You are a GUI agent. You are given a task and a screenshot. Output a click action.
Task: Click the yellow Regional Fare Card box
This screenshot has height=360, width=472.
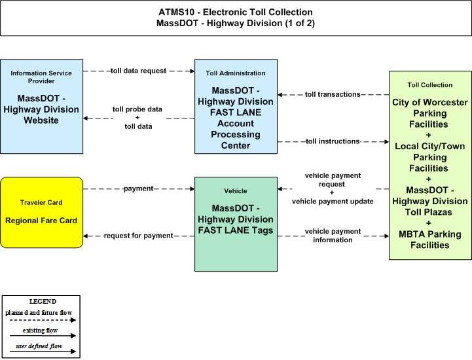41,213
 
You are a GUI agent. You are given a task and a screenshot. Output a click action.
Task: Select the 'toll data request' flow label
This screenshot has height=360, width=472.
139,71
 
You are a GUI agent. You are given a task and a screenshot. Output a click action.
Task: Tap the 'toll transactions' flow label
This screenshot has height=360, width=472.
333,94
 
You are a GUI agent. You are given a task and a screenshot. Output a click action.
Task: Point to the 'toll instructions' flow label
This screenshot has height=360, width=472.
333,141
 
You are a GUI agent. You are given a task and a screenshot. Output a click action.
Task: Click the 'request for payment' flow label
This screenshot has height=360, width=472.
139,236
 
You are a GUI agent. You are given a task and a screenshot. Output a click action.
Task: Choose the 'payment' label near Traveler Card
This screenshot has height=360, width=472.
139,189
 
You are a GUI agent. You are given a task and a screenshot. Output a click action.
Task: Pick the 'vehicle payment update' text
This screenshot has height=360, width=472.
333,202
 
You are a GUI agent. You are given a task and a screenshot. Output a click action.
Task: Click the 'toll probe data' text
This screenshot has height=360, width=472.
137,109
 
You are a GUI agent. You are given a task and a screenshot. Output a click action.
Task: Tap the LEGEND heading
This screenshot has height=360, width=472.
43,301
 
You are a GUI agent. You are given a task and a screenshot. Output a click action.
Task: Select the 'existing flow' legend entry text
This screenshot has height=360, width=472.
40,330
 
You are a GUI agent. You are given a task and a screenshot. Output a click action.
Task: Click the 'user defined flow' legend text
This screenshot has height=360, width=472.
39,346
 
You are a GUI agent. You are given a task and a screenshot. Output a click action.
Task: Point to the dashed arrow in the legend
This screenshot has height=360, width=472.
43,320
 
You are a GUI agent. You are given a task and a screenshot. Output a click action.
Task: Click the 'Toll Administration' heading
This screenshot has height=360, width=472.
236,73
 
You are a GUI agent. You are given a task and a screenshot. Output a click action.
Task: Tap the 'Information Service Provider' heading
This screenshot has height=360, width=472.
41,77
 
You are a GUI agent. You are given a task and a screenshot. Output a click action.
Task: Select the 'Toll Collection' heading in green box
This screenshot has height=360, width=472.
430,85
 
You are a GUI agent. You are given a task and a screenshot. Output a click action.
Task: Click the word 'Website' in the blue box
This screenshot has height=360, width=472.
41,120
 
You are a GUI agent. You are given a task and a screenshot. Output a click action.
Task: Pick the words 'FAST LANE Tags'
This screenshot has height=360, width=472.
236,230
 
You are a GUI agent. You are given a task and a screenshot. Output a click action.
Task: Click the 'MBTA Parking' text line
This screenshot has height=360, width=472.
430,234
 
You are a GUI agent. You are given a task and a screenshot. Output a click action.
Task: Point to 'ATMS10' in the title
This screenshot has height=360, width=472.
176,12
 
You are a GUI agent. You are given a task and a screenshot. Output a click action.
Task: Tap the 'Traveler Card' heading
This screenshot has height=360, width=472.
41,202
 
